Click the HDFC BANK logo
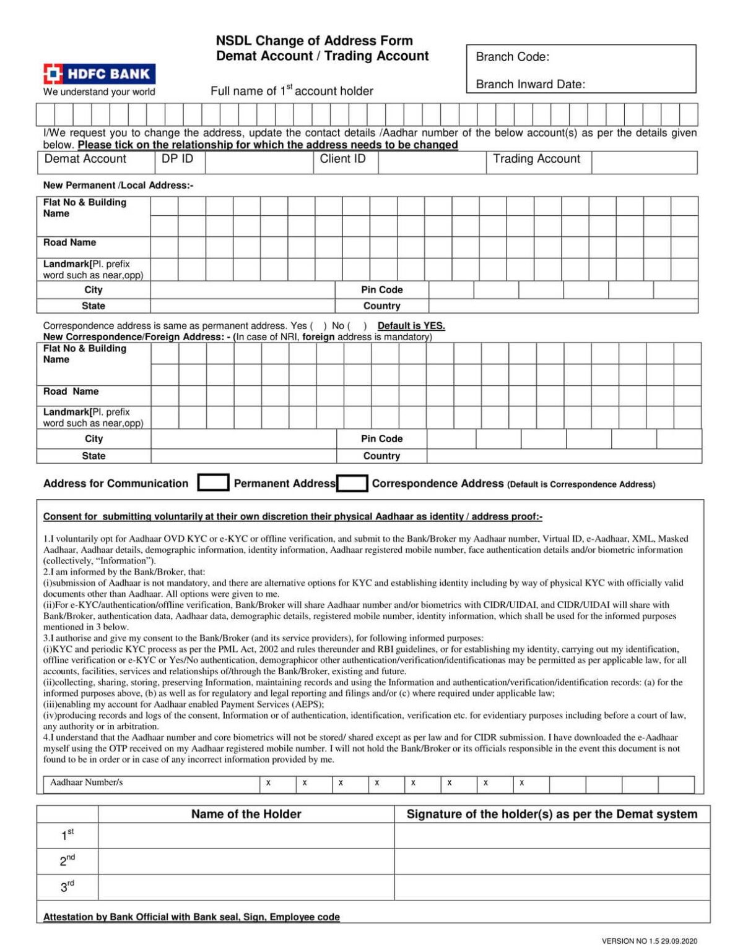click(99, 74)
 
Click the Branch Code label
click(512, 57)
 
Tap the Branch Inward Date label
click(530, 84)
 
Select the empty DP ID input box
click(259, 163)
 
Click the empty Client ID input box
click(432, 163)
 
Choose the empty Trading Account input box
click(644, 163)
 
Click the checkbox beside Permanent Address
click(213, 483)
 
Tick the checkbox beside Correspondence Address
click(352, 484)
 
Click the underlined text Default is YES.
click(411, 326)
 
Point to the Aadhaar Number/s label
click(87, 782)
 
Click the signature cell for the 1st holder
click(552, 836)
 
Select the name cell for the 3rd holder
click(246, 887)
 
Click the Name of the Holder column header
click(246, 814)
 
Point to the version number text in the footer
click(649, 941)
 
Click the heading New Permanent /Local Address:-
click(118, 185)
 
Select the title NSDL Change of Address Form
click(314, 41)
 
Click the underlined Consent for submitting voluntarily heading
click(292, 516)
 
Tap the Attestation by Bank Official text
click(191, 917)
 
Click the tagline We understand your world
click(99, 92)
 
